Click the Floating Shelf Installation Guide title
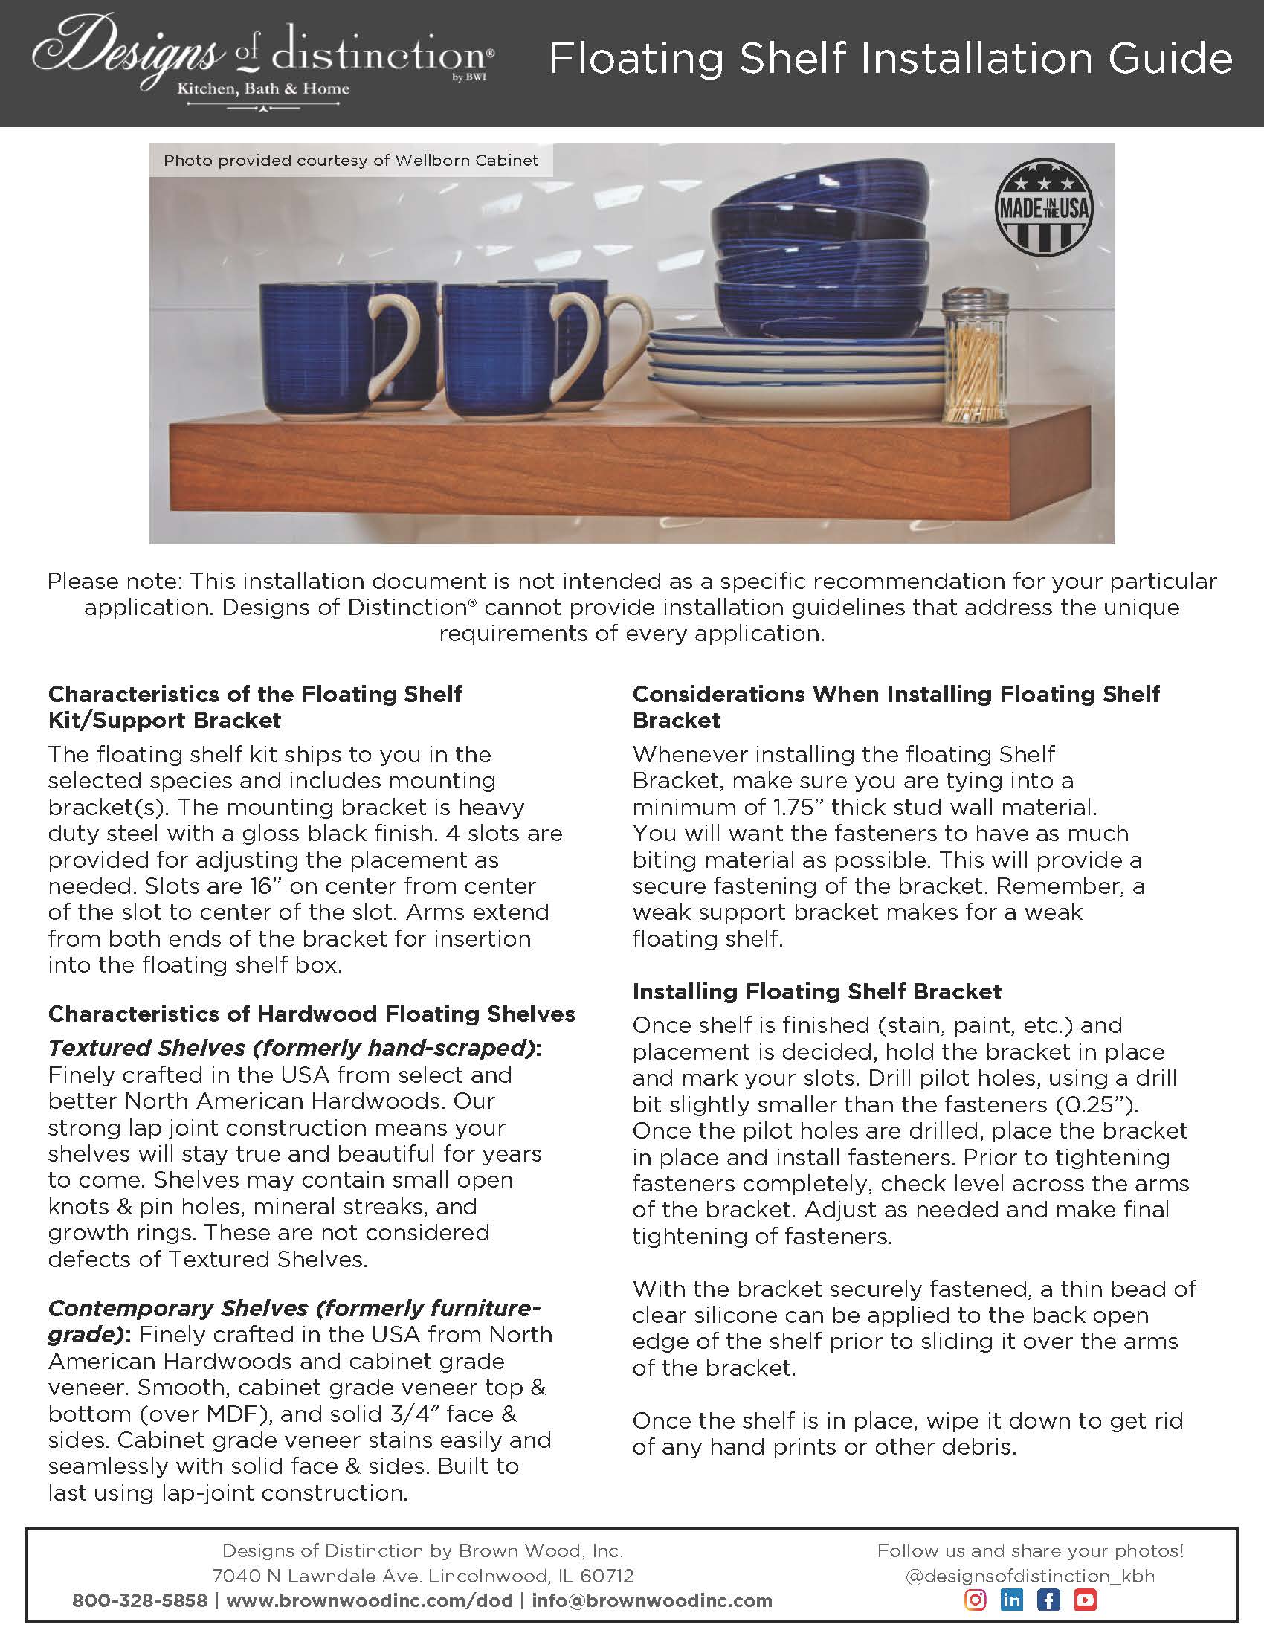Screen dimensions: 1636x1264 pos(890,59)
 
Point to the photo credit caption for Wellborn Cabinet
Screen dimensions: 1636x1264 pos(350,161)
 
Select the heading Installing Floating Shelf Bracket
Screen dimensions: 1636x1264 pos(816,991)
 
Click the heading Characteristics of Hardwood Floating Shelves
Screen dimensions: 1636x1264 pos(312,1014)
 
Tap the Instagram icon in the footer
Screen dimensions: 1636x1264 pos(975,1600)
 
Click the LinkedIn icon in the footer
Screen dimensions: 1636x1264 pos(1012,1600)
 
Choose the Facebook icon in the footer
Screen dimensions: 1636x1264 pos(1048,1600)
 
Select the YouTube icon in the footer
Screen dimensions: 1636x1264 pos(1085,1600)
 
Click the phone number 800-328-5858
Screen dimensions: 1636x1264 pos(139,1601)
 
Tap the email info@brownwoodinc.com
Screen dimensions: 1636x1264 pos(651,1601)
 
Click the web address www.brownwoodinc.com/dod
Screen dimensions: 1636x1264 pos(370,1601)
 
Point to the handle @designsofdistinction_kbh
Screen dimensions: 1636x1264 pos(1030,1575)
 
